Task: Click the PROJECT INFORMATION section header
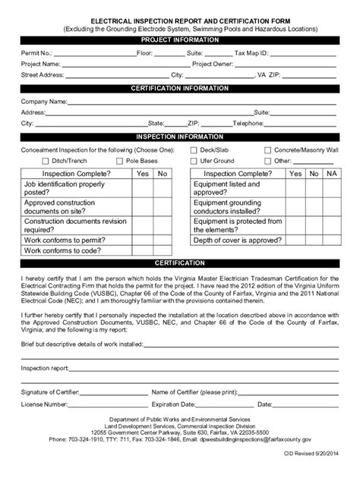179,39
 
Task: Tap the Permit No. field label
36,54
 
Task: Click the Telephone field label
248,122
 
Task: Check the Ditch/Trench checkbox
45,161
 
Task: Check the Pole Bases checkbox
119,161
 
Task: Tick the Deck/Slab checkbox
193,150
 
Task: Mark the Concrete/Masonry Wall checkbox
267,150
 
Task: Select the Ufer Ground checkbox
193,161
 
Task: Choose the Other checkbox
267,161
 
